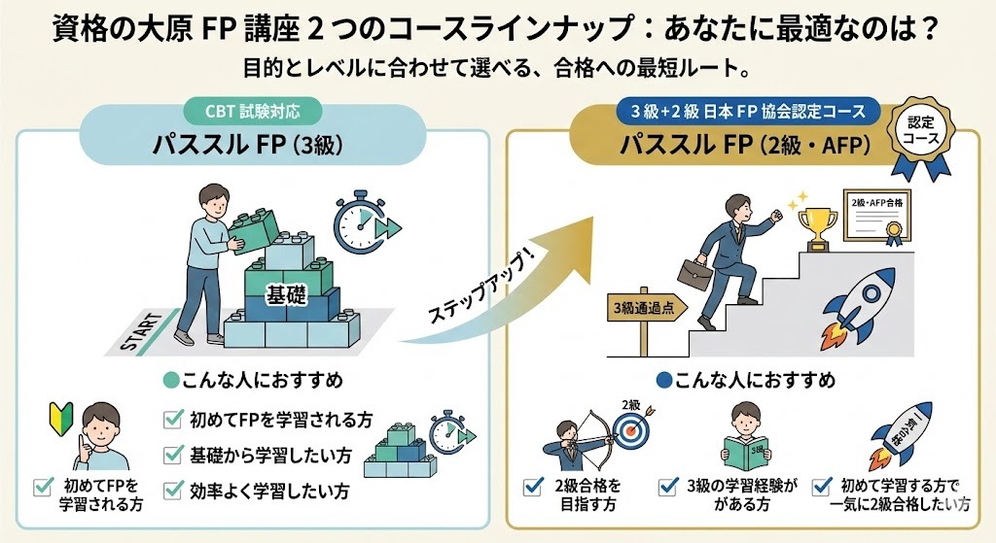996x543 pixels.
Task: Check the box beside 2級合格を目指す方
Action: pos(532,486)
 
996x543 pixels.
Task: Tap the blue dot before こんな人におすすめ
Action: pos(663,380)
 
